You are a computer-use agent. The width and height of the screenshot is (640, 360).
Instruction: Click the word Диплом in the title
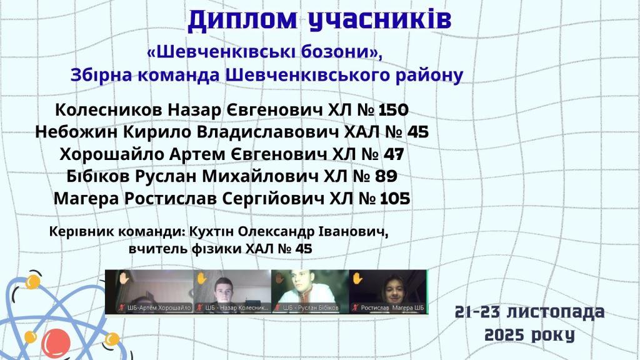[243, 20]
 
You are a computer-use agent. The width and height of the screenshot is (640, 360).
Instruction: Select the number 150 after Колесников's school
[394, 110]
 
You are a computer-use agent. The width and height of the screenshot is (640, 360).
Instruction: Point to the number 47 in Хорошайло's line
[394, 154]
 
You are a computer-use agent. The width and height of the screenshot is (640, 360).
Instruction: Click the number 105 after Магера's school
[395, 199]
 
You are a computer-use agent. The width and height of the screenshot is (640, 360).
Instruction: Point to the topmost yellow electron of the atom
[32, 282]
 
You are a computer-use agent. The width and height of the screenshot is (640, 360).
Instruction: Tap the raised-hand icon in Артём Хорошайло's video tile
[124, 278]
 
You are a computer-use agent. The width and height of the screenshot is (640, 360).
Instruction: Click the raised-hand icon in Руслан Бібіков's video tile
[279, 278]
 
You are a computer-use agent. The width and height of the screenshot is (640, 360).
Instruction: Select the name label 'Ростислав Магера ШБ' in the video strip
[392, 307]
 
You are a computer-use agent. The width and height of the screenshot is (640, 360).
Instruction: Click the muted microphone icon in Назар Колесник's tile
[199, 307]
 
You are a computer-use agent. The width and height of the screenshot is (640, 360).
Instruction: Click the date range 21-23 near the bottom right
[477, 312]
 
